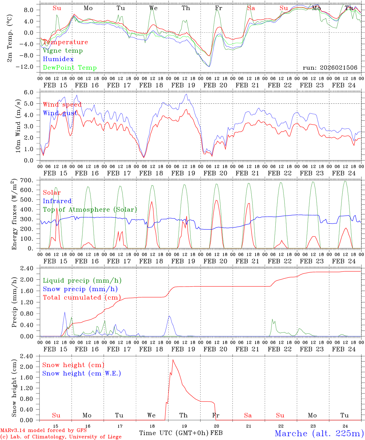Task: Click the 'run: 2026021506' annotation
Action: pos(330,68)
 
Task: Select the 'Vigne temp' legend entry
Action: pos(63,51)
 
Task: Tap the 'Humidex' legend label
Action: pos(58,59)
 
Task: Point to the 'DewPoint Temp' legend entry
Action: pos(70,68)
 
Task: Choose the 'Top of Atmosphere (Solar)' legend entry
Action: pos(90,210)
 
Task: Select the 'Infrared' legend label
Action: pos(57,201)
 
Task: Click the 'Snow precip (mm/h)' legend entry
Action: pos(80,289)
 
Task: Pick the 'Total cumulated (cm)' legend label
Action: pos(82,298)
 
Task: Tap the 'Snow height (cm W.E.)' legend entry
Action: pos(82,373)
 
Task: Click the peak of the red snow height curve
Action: pos(173,360)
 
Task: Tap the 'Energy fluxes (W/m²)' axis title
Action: pos(14,215)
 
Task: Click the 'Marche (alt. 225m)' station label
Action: pos(319,433)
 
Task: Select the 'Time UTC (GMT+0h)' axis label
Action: pos(174,433)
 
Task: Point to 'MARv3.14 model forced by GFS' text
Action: pos(43,431)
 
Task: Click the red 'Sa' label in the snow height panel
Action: pos(248,415)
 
